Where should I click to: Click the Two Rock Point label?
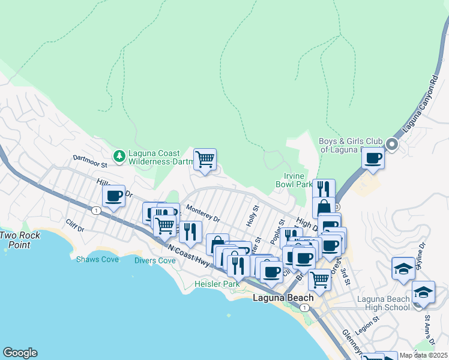tap(20, 240)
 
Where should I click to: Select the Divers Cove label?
tap(155, 261)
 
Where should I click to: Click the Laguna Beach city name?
tap(283, 298)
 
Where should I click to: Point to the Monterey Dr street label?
tap(203, 212)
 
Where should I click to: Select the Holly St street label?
tap(252, 215)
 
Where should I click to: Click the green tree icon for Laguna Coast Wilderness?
tap(119, 155)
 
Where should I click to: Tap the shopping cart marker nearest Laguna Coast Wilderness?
tap(205, 160)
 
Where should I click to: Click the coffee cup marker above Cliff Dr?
tap(113, 196)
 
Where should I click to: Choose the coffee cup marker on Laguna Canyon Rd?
tap(373, 158)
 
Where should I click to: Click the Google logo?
tap(20, 353)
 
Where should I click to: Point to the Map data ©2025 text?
tap(423, 355)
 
